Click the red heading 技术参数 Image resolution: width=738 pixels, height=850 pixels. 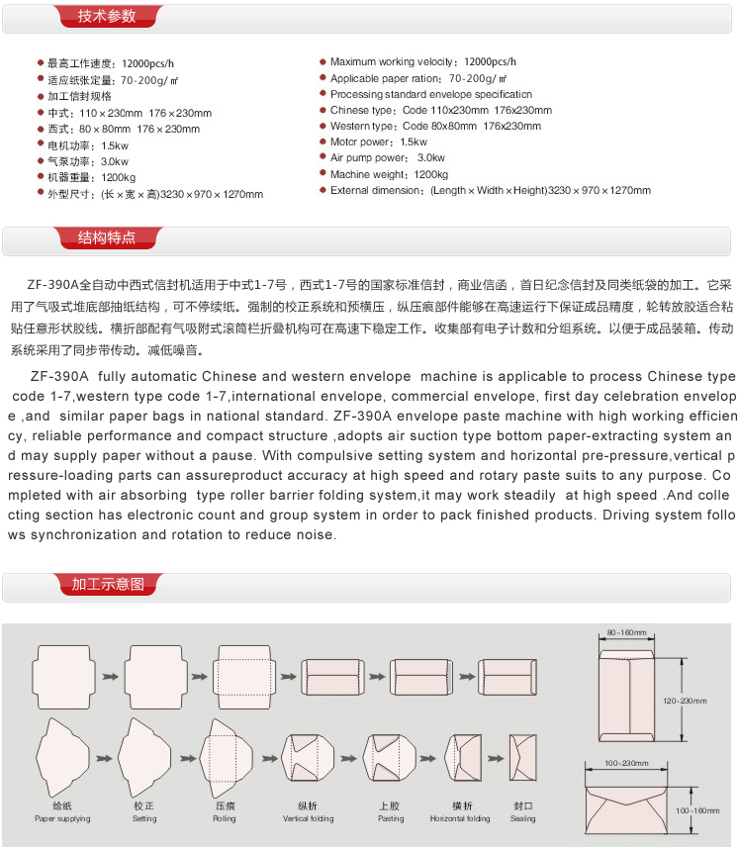(x=106, y=16)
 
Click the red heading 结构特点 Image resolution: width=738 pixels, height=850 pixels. (x=106, y=237)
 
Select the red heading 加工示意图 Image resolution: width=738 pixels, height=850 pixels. (x=108, y=584)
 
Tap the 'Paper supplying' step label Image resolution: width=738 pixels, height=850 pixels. (x=62, y=818)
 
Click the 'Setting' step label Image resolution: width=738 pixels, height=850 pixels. (x=144, y=818)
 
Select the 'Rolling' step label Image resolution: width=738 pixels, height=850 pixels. (x=225, y=818)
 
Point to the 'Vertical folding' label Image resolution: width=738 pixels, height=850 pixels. (x=309, y=818)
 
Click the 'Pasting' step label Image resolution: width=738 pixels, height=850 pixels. (x=391, y=818)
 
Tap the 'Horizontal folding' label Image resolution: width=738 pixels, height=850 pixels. (x=460, y=818)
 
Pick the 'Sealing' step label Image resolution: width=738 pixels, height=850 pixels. (x=523, y=818)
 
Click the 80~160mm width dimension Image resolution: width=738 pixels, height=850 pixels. (x=626, y=632)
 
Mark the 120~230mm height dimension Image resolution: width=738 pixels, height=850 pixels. (x=684, y=701)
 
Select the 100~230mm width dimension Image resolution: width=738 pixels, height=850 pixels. (x=626, y=763)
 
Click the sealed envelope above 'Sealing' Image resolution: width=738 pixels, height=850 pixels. (x=523, y=758)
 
